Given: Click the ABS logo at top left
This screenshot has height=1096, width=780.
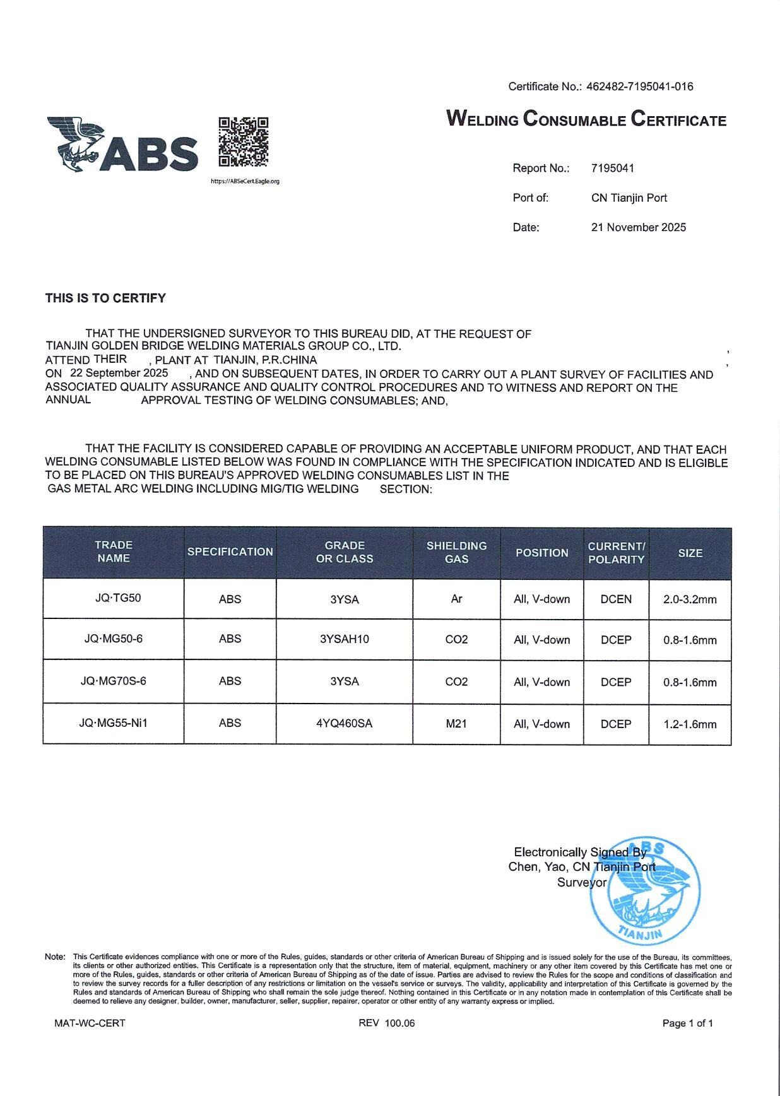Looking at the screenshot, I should (x=122, y=145).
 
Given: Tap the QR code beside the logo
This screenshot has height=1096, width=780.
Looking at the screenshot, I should (x=244, y=142).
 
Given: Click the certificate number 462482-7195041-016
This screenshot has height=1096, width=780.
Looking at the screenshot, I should (x=639, y=86).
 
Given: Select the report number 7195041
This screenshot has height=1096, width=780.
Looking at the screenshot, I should (x=612, y=168).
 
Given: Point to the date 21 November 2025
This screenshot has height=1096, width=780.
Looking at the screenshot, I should (x=638, y=227).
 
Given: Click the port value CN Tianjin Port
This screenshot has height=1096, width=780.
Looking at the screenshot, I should (x=629, y=197).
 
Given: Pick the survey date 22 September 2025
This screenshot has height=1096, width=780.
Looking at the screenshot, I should (x=119, y=373).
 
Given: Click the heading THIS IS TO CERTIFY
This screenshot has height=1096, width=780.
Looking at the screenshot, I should (x=105, y=298).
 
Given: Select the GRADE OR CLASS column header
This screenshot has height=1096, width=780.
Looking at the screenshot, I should (x=345, y=552).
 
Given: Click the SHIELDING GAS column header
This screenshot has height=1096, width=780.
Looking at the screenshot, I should (x=456, y=552).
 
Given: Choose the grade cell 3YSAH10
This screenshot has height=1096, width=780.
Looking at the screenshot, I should (x=345, y=639).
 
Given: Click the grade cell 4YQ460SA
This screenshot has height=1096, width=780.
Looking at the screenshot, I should (x=345, y=724).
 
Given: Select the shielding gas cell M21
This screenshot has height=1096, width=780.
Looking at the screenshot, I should (x=456, y=724).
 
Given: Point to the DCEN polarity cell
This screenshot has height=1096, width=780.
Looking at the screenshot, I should (x=616, y=599).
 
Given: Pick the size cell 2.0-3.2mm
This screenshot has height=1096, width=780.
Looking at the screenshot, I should (x=690, y=599).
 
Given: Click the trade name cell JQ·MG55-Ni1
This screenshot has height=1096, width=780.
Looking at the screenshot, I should (x=114, y=723).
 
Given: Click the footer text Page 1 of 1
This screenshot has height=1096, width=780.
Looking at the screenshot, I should (x=687, y=1023).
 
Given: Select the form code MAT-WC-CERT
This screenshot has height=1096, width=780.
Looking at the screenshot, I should (x=90, y=1023).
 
